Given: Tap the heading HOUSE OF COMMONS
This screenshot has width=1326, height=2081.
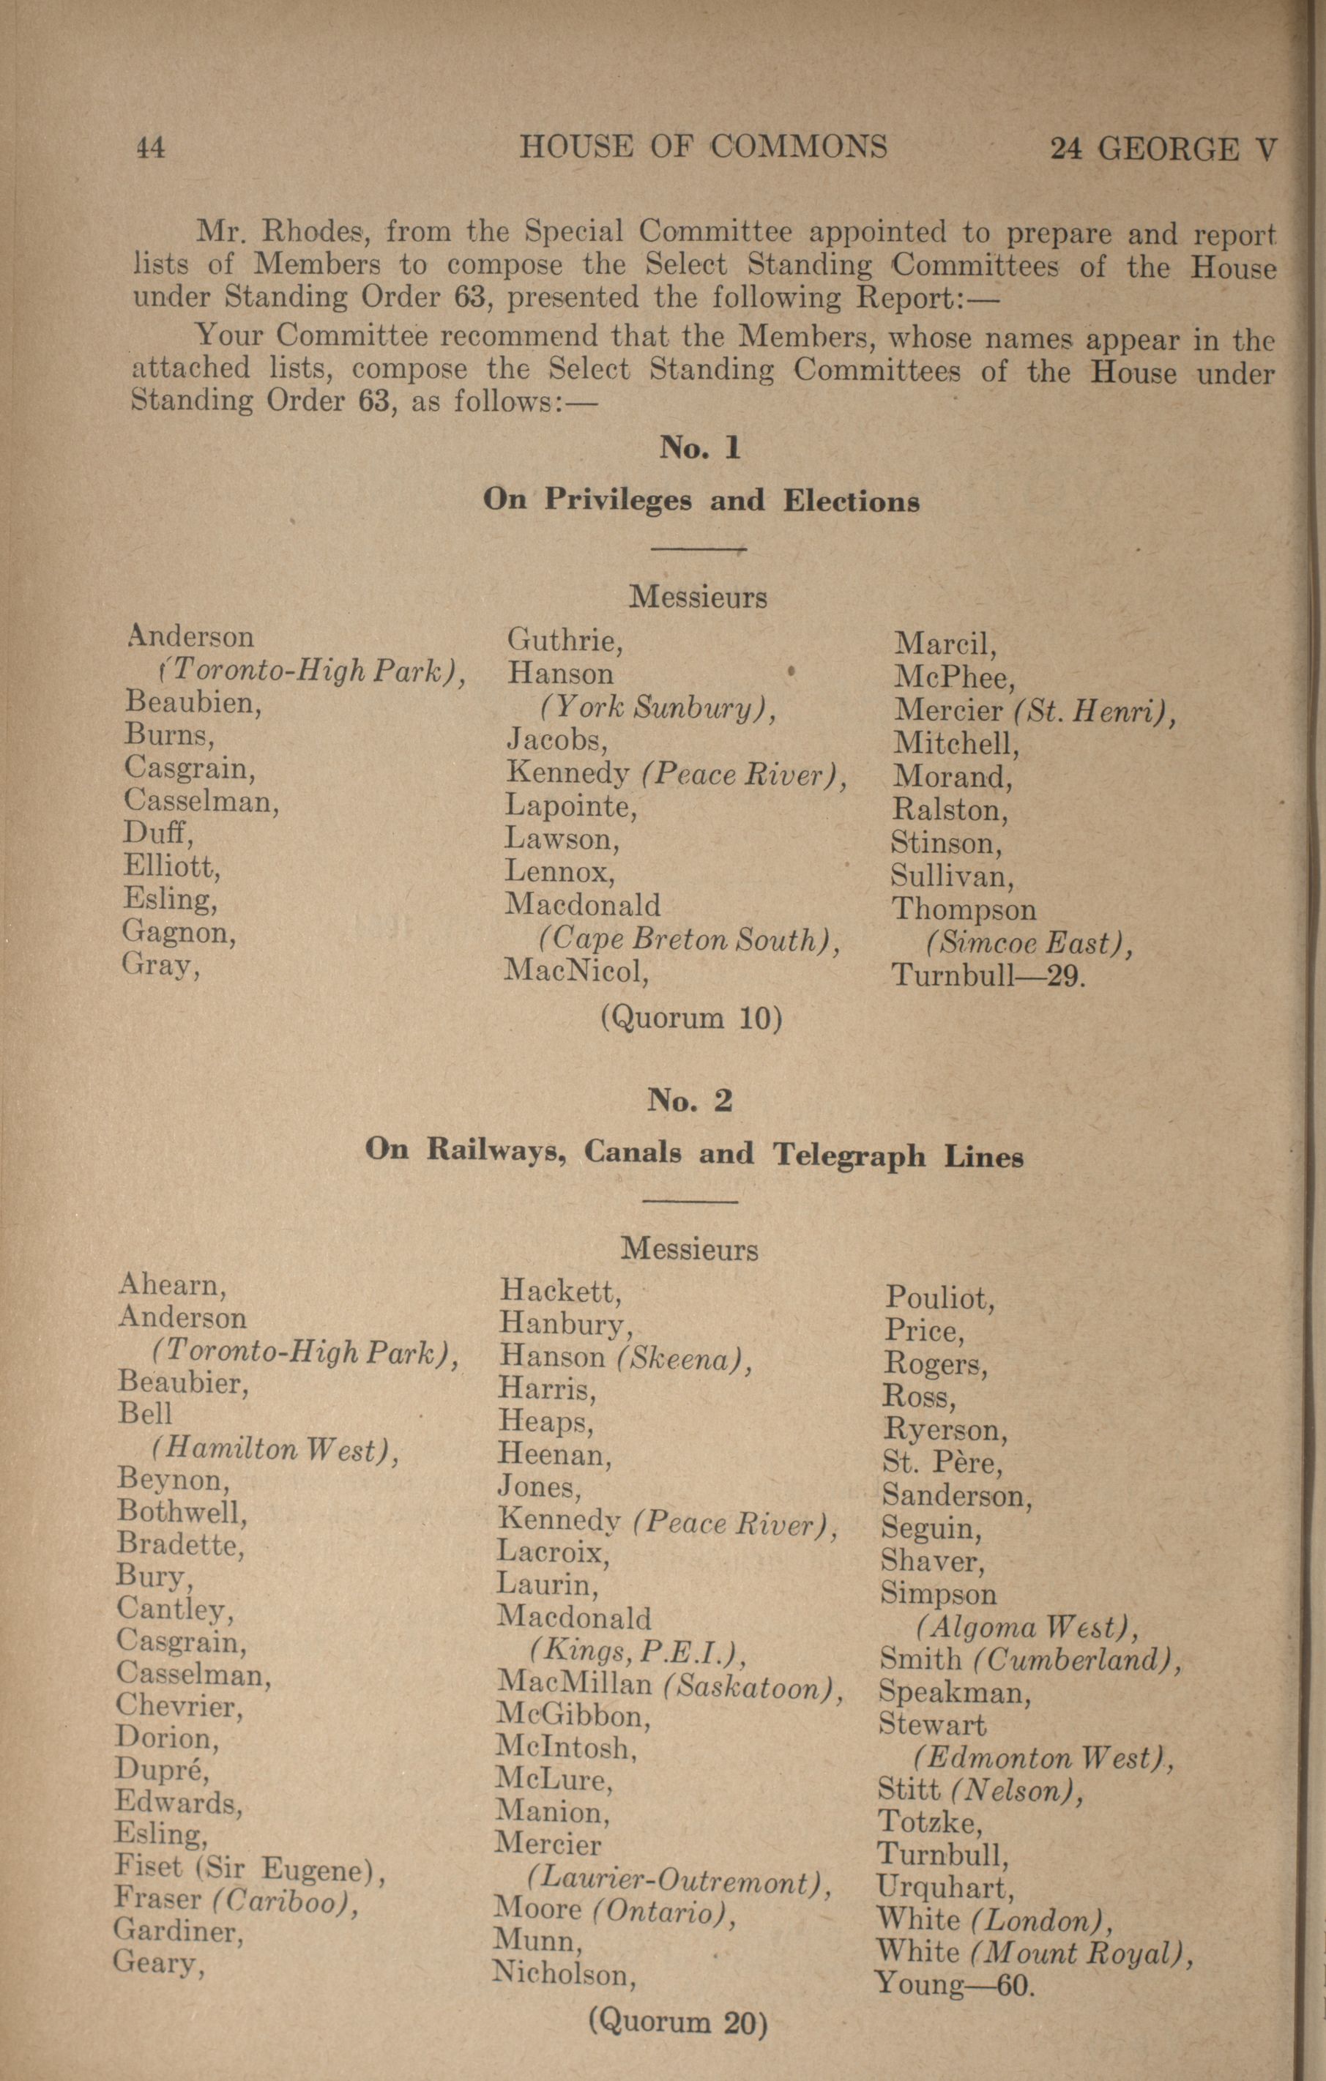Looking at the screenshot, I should coord(703,147).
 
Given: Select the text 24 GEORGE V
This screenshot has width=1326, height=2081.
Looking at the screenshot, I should coord(1162,149).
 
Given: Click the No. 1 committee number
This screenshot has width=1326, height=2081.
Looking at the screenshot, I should coord(699,447).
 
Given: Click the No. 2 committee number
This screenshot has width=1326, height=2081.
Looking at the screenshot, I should coord(690,1099).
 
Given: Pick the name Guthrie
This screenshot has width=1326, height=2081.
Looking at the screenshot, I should coord(565,641).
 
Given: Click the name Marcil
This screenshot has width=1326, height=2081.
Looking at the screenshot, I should coord(945,644).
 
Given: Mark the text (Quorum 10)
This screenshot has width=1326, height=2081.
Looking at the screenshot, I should coord(691,1018).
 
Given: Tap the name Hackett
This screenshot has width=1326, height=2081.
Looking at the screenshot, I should coord(561,1291).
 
